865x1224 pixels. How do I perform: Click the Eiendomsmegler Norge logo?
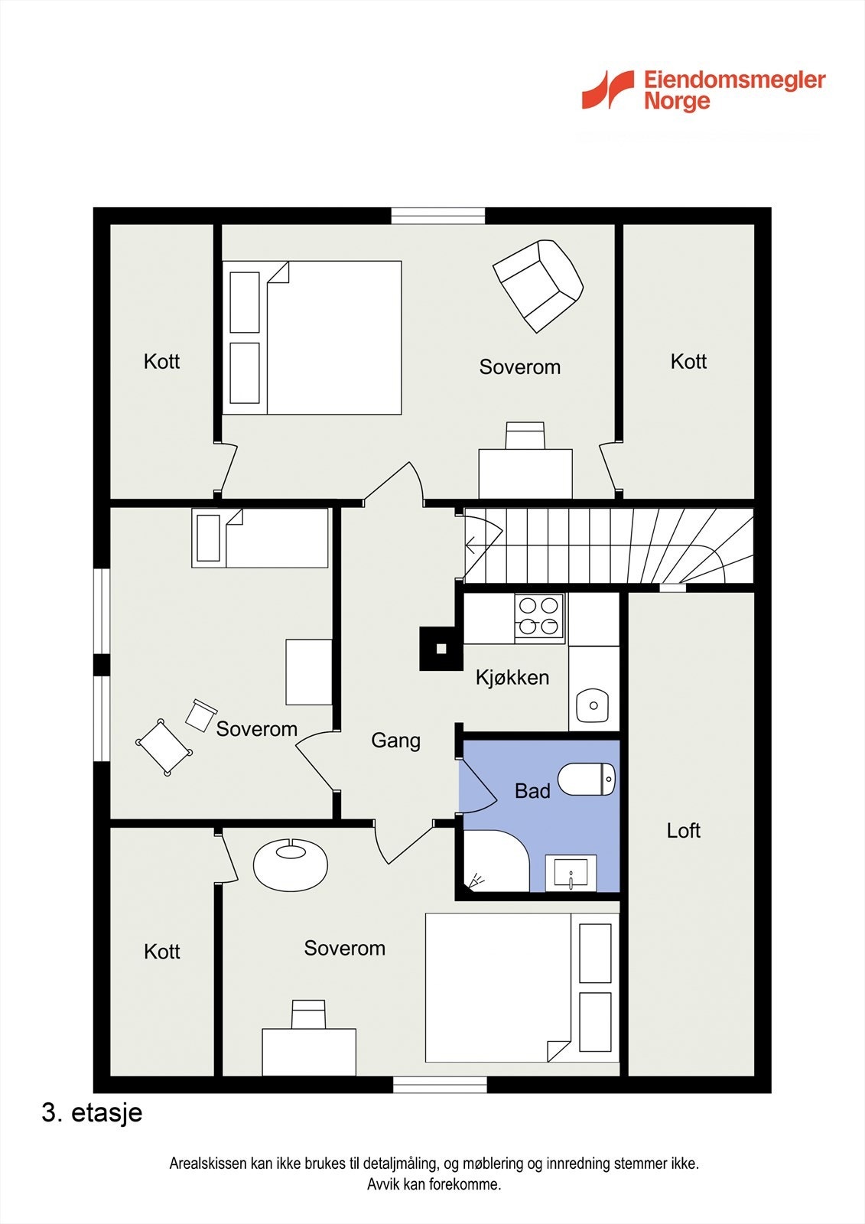(703, 90)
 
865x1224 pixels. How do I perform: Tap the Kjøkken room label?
(512, 678)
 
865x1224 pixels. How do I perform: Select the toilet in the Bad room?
(587, 779)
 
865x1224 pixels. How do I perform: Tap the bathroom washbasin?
(571, 873)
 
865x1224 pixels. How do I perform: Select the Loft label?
(683, 831)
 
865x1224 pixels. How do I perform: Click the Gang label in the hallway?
(395, 741)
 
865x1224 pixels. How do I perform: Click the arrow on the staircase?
(471, 545)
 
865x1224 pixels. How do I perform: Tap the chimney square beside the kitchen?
(441, 649)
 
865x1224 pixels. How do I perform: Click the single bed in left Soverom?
(260, 538)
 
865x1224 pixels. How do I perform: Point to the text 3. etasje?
(92, 1112)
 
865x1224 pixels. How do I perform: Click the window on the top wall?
(438, 216)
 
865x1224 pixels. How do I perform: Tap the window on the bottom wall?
(440, 1084)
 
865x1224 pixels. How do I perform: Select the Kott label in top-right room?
(688, 362)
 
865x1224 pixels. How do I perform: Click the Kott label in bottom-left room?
(162, 952)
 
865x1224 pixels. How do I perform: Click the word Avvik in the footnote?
(382, 1185)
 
